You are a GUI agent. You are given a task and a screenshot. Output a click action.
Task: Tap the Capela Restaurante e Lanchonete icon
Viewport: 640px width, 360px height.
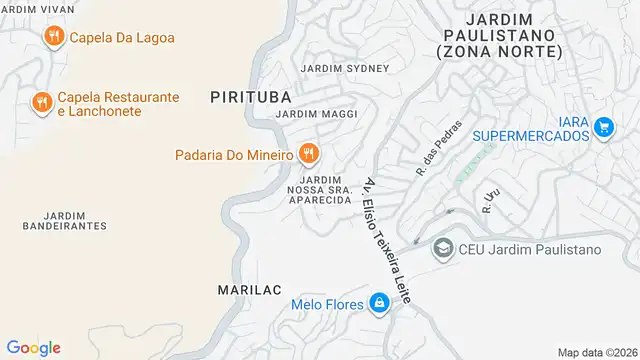click(41, 103)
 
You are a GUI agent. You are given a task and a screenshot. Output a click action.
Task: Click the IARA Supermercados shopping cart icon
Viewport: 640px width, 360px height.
click(603, 127)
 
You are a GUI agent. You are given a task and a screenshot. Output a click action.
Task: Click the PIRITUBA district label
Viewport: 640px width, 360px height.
click(250, 97)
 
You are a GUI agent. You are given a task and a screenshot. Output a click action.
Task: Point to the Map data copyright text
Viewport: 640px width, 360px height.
click(596, 352)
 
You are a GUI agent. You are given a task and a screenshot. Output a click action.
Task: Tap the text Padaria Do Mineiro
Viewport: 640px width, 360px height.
click(233, 155)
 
